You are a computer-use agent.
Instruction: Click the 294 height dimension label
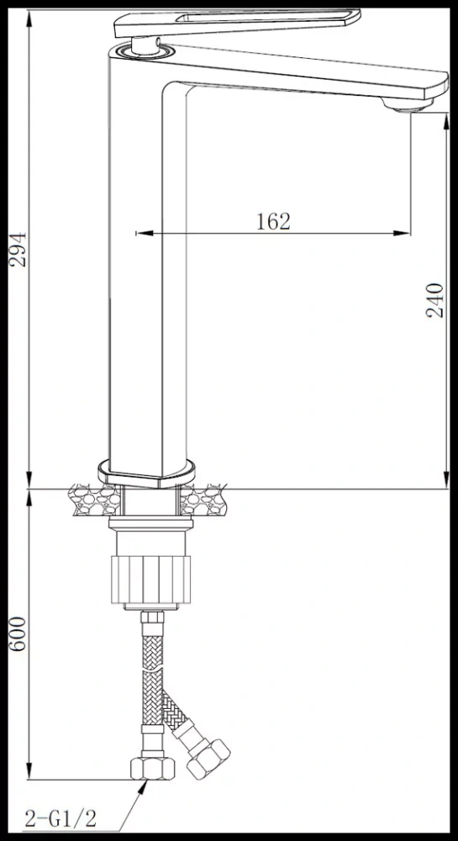pyautogui.click(x=18, y=250)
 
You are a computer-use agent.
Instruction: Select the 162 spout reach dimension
pyautogui.click(x=273, y=221)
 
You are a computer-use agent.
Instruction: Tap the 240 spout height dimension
pyautogui.click(x=435, y=300)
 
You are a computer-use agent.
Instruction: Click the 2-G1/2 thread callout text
pyautogui.click(x=61, y=819)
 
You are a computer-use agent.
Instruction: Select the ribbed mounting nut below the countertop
pyautogui.click(x=151, y=579)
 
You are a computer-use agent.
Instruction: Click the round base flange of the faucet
pyautogui.click(x=146, y=473)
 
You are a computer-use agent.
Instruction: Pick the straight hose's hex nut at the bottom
pyautogui.click(x=153, y=768)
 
